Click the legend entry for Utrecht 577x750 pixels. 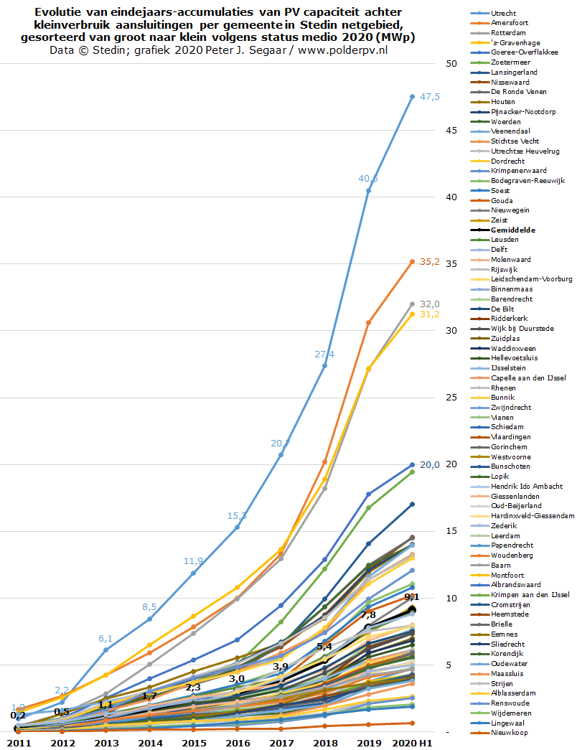pyautogui.click(x=505, y=14)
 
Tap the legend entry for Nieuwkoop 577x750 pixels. pyautogui.click(x=510, y=732)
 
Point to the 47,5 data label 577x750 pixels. pyautogui.click(x=429, y=97)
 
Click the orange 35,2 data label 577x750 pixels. pyautogui.click(x=429, y=263)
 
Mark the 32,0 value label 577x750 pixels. pyautogui.click(x=429, y=304)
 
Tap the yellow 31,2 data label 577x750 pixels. pyautogui.click(x=429, y=314)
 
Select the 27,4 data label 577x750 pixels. pyautogui.click(x=324, y=355)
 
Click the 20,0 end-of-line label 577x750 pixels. pyautogui.click(x=429, y=465)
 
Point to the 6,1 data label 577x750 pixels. pyautogui.click(x=105, y=639)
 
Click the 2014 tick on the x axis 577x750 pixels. pyautogui.click(x=149, y=743)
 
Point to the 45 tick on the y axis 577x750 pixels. pyautogui.click(x=451, y=131)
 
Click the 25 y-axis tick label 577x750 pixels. pyautogui.click(x=451, y=398)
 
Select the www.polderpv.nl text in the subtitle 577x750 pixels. pyautogui.click(x=343, y=50)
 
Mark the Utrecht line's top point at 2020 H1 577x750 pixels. pyautogui.click(x=412, y=96)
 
